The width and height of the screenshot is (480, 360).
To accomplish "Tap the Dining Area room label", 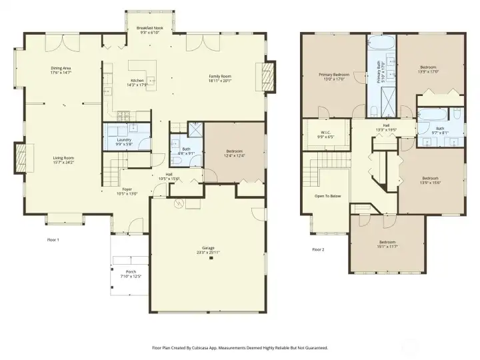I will tap(61, 70).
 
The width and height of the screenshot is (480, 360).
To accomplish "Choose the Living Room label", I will tap(63, 160).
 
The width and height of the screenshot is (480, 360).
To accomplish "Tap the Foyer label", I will tap(126, 191).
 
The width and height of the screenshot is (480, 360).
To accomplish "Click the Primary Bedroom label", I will tap(333, 76).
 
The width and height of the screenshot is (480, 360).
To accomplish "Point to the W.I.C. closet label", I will tap(326, 133).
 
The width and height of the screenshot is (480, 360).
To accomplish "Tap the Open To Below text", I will tap(328, 196).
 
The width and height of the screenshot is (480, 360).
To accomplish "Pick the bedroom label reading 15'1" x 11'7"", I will tap(387, 244).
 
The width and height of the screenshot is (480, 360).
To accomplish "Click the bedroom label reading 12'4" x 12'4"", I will tap(235, 154).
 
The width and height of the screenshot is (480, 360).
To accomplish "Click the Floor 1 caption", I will tap(54, 239).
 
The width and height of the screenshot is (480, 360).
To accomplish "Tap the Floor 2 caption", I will tap(318, 250).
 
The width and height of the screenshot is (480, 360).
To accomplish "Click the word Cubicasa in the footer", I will tap(198, 347).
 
